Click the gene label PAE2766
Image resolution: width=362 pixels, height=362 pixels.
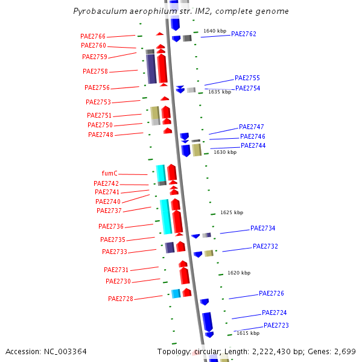point(93,37)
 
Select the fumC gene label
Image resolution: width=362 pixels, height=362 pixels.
point(110,173)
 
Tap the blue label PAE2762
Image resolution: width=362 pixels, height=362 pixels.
point(244,34)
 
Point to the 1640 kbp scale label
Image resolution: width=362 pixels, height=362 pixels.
point(215,31)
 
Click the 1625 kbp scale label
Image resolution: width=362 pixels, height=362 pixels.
point(232,212)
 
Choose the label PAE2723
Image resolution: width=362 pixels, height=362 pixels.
point(276,325)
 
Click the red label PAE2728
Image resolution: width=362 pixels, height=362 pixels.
point(121,299)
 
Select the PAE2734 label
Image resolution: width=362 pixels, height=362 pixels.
point(263,229)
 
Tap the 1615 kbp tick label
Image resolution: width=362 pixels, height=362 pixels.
point(248,333)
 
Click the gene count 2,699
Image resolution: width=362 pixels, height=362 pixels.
point(345,351)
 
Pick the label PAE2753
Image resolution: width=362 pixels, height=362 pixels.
point(98,102)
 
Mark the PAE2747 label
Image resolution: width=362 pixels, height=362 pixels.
point(252,127)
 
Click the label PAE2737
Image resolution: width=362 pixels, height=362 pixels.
point(109,211)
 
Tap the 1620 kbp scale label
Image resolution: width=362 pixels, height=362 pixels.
point(239,273)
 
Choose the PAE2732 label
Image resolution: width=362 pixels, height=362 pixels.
point(265,246)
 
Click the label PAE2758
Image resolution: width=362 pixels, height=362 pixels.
point(95,71)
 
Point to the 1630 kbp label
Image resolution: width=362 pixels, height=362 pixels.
point(225,152)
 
